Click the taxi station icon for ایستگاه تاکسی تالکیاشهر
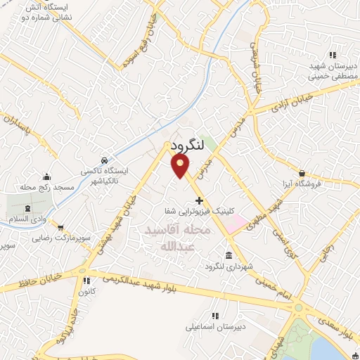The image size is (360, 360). pos(104,160)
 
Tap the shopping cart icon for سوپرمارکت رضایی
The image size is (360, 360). pos(61,227)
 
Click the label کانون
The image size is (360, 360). pos(86,292)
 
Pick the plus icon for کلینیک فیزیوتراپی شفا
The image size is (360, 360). pos(199,200)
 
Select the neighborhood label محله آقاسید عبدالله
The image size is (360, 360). pos(177,238)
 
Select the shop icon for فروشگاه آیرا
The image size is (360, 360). pos(302,173)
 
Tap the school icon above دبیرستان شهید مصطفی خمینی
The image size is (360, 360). pos(333,54)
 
